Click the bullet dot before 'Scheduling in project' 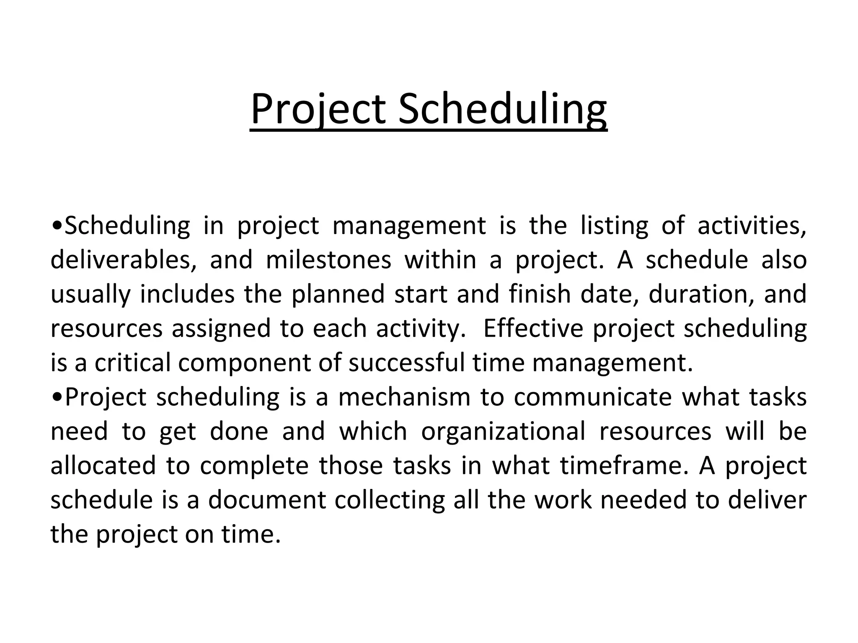(57, 226)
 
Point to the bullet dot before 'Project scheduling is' (57, 398)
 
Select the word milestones (328, 260)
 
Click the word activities (752, 226)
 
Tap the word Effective (533, 329)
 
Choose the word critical (132, 363)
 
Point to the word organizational (503, 432)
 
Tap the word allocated (103, 466)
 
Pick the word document (267, 500)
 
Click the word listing (614, 226)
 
